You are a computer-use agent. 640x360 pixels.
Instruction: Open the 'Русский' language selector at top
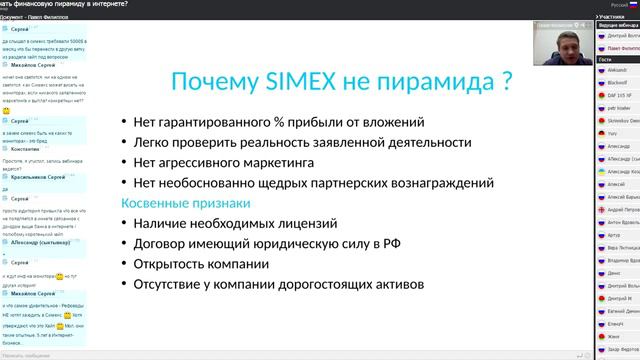593,5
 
